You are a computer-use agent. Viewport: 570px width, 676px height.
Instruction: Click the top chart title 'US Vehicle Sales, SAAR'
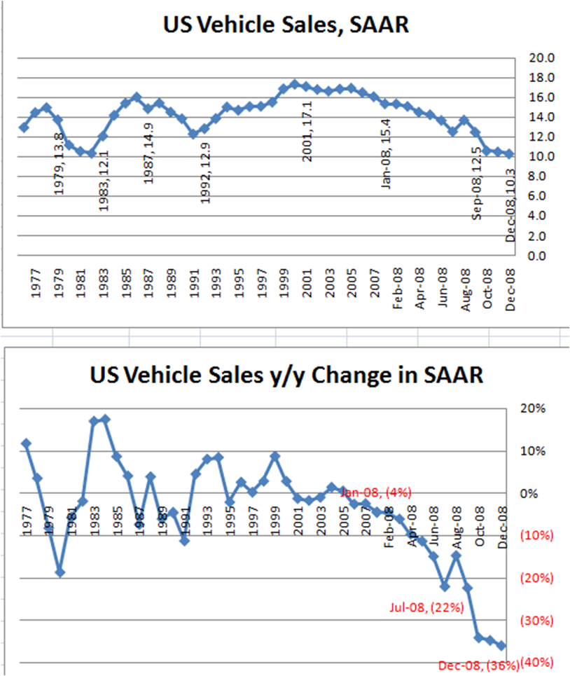pyautogui.click(x=285, y=26)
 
